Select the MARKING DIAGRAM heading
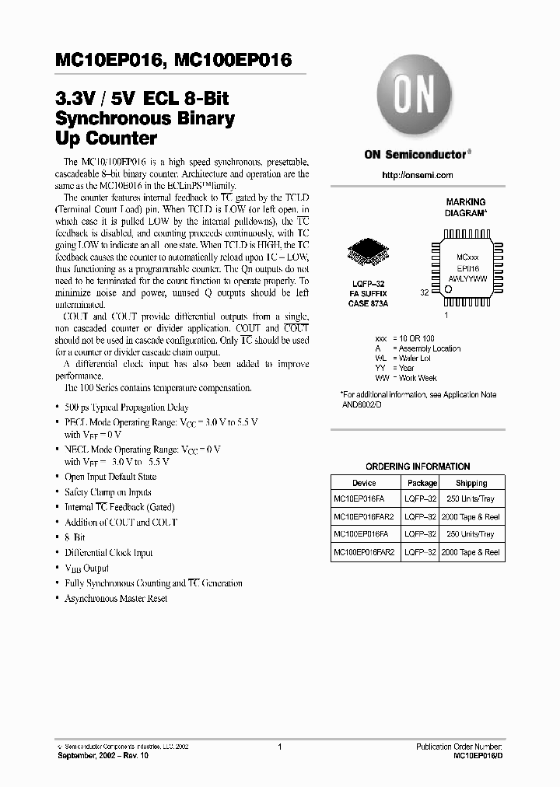click(465, 207)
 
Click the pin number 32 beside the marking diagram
click(425, 293)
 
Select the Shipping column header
click(471, 483)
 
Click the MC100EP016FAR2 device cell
click(364, 551)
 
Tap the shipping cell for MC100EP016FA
click(471, 534)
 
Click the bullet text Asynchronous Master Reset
click(116, 598)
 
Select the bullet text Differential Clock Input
click(108, 553)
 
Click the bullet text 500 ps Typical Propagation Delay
click(126, 407)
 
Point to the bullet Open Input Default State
click(110, 477)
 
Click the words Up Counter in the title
click(105, 140)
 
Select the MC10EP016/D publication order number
click(478, 755)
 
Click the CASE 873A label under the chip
click(369, 303)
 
